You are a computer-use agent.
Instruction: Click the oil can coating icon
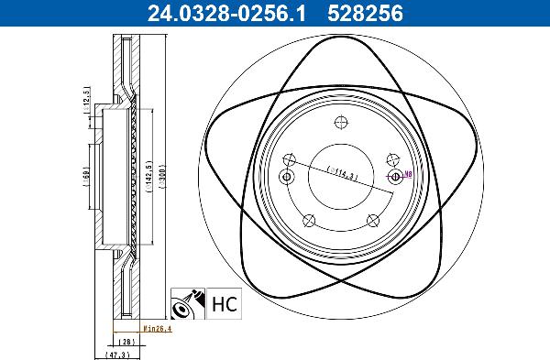(x=188, y=304)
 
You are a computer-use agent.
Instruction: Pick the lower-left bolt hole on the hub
(x=309, y=220)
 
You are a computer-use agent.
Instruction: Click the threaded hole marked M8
(x=395, y=177)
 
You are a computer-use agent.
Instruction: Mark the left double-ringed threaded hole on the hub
(x=287, y=177)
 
